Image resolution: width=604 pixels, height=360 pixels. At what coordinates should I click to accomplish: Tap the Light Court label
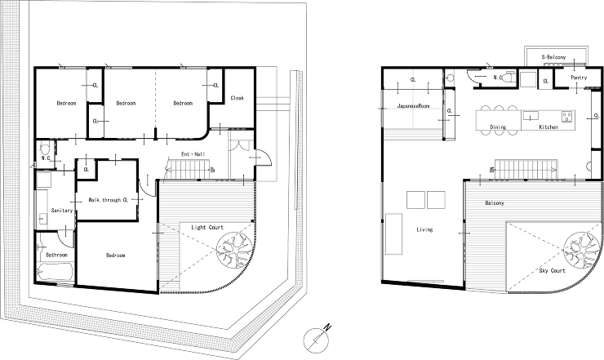tap(207, 228)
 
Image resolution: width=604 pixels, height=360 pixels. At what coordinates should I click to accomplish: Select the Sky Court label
tap(552, 270)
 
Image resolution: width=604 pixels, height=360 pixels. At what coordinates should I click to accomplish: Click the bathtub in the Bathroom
tap(56, 272)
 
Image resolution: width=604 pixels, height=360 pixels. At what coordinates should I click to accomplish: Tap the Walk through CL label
tap(109, 200)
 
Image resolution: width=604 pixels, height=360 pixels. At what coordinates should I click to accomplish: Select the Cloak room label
tap(237, 98)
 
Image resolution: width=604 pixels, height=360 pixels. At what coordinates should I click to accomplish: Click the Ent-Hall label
tap(193, 154)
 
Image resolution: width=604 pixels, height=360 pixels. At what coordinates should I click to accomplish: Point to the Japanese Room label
tap(413, 105)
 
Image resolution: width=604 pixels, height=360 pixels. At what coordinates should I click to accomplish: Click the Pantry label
tap(579, 78)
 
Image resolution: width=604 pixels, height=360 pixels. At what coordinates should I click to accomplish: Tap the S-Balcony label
tap(553, 57)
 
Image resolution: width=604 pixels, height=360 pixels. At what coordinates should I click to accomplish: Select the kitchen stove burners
tap(566, 117)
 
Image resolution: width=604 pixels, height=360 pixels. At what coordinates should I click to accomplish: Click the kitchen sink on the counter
tap(531, 116)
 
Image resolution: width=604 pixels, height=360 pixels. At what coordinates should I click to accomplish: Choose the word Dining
tap(498, 127)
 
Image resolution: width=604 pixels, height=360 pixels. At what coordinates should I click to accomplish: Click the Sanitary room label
tap(62, 211)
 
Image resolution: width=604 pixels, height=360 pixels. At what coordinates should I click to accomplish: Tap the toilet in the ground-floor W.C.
tap(45, 149)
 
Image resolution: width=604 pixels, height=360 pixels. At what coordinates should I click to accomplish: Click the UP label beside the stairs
tap(212, 170)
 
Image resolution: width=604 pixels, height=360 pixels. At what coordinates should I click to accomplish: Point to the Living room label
tap(424, 229)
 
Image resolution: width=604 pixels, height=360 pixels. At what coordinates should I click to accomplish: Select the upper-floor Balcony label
tap(494, 203)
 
